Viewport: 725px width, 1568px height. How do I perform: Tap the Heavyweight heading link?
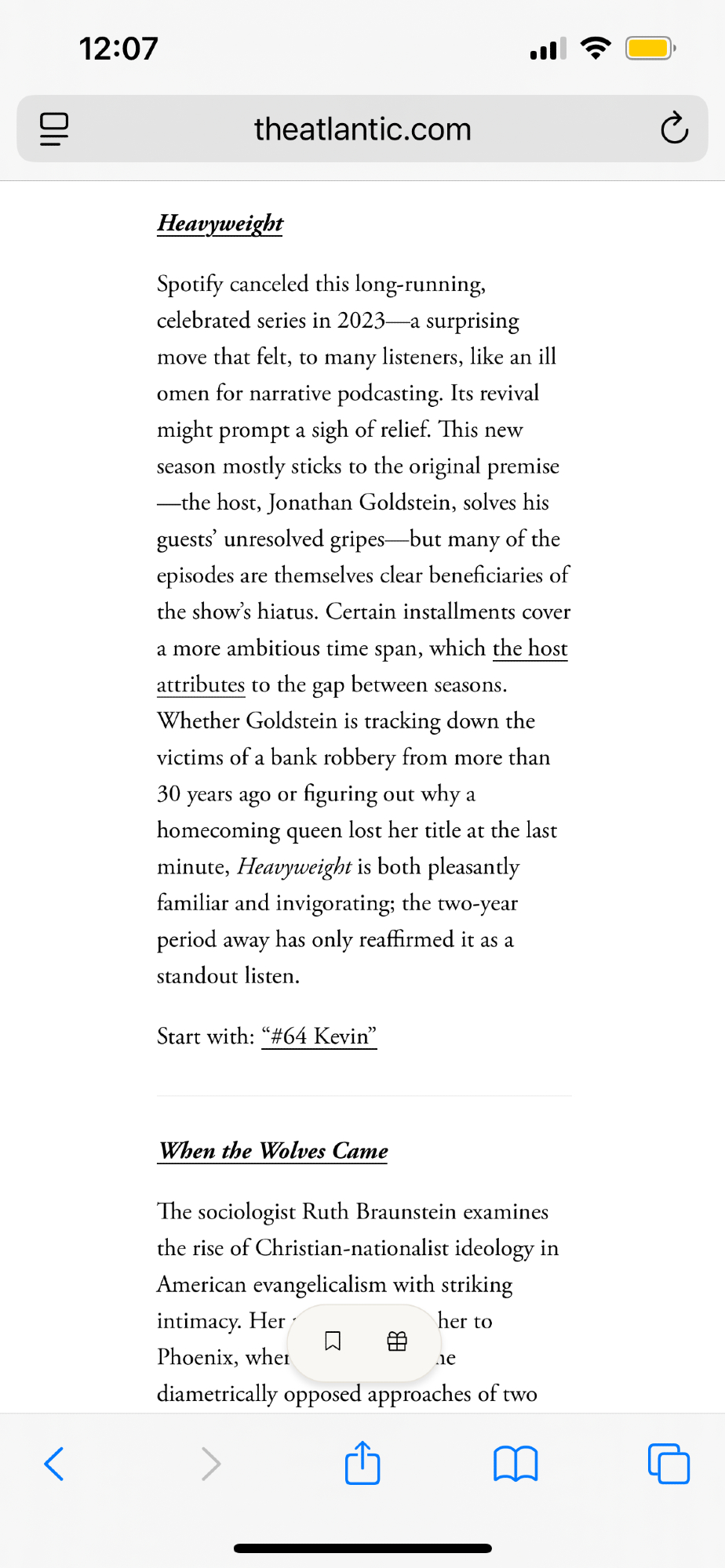[220, 223]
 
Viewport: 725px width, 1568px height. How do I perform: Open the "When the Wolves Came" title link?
[273, 1151]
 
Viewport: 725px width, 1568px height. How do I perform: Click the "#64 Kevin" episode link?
[319, 1036]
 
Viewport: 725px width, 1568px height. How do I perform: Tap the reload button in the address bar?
[674, 129]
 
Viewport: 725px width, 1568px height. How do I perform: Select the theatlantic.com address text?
[362, 129]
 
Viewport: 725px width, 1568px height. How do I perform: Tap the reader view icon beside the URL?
[54, 129]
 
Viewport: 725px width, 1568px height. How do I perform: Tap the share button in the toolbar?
[362, 1463]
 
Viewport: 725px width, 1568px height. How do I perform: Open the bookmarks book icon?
[516, 1463]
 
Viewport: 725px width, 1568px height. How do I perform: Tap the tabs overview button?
[669, 1463]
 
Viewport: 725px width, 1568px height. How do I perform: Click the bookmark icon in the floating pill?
[333, 1341]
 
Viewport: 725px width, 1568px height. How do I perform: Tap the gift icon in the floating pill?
[398, 1341]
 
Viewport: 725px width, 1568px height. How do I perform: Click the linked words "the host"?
[530, 648]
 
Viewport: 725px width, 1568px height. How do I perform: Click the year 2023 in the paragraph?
[361, 321]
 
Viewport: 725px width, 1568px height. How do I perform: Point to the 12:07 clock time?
[118, 49]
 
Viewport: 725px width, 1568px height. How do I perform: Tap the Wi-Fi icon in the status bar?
[596, 49]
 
